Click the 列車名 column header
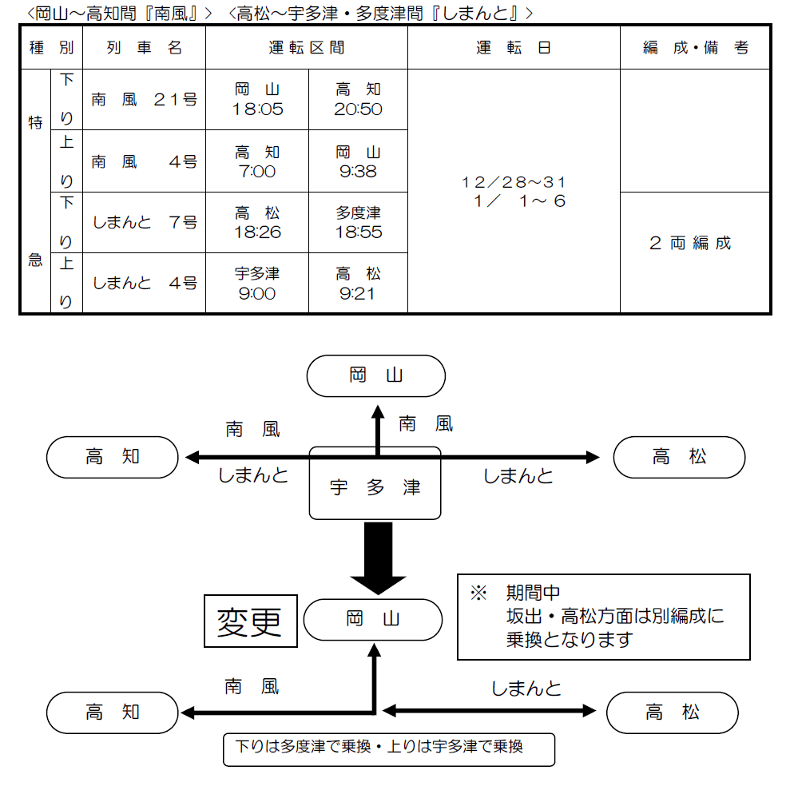[x=144, y=48]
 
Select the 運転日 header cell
[x=514, y=48]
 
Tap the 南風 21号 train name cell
[x=144, y=100]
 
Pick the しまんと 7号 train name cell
[x=144, y=223]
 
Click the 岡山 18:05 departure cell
[x=257, y=100]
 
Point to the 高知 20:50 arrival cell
[x=358, y=100]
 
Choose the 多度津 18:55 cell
[x=358, y=223]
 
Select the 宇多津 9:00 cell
[x=257, y=284]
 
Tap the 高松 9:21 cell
[x=358, y=284]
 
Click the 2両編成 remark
[x=690, y=244]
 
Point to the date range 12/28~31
[x=514, y=183]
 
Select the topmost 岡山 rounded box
[x=376, y=375]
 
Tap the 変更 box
[x=250, y=621]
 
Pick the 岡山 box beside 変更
[x=373, y=619]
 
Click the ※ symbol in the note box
[x=478, y=593]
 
